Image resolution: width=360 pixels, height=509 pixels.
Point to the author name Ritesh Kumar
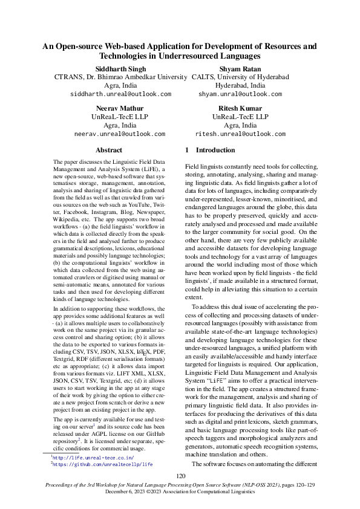tap(240, 108)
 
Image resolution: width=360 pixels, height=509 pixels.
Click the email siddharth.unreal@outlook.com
tap(120, 94)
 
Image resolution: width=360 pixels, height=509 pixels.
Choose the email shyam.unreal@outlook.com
tap(240, 94)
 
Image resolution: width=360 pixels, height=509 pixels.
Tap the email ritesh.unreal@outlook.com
tap(240, 133)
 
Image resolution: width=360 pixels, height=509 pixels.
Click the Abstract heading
tap(109, 150)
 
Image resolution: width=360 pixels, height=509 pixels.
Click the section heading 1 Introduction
tap(210, 150)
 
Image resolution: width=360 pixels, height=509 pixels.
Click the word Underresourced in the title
tap(205, 56)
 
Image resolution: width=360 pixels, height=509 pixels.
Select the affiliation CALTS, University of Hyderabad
tap(240, 77)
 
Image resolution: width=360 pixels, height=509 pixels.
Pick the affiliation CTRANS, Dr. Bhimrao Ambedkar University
tap(120, 77)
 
